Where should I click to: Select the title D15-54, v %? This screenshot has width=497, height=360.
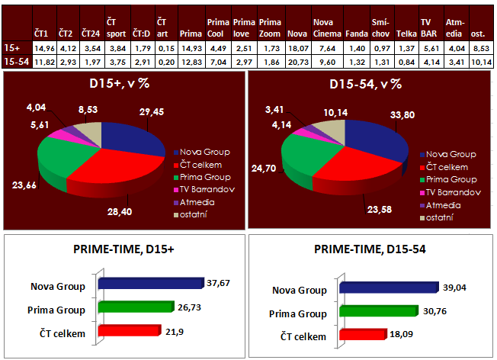point(370,84)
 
